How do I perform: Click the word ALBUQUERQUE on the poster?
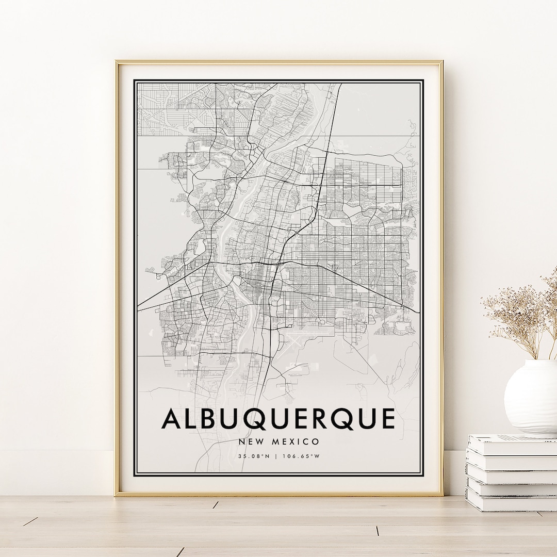pyautogui.click(x=278, y=418)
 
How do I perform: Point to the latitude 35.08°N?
pyautogui.click(x=254, y=456)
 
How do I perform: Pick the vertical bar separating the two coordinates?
pyautogui.click(x=278, y=456)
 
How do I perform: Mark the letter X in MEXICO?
pyautogui.click(x=290, y=441)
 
